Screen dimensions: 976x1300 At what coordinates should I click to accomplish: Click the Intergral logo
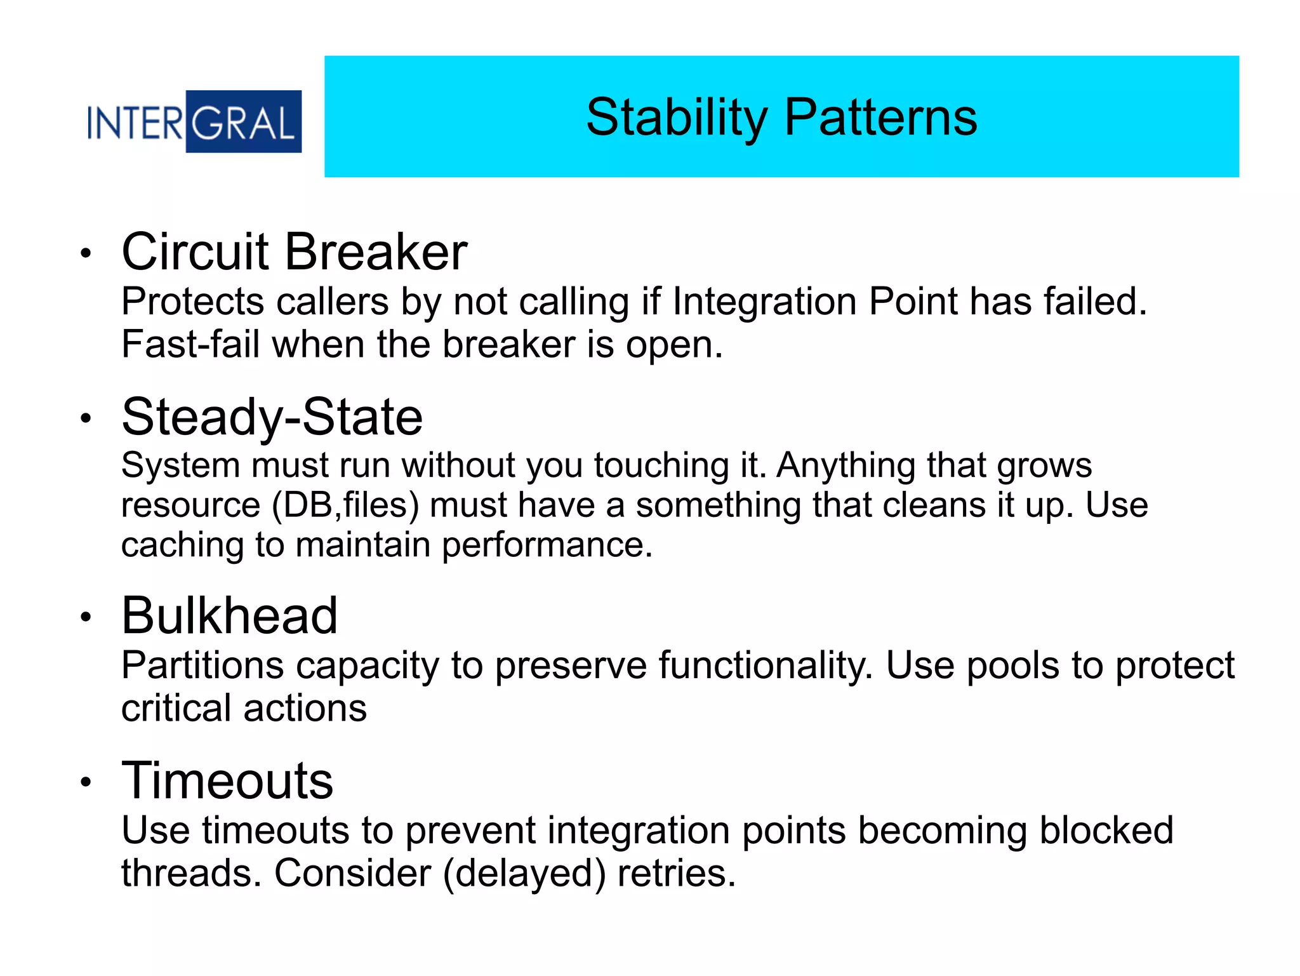(x=194, y=122)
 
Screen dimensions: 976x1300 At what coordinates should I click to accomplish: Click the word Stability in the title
(x=677, y=117)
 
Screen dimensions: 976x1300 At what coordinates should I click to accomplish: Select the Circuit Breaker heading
(x=295, y=252)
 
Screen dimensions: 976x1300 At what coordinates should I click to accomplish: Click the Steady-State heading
(x=272, y=417)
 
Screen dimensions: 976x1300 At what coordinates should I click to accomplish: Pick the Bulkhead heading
(x=230, y=616)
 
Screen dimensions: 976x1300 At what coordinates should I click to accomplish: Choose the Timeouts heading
(x=227, y=781)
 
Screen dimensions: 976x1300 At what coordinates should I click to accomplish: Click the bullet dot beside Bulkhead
(x=86, y=617)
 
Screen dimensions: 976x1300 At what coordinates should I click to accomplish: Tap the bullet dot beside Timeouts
(x=86, y=782)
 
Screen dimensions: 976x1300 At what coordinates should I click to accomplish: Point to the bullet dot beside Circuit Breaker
(x=86, y=253)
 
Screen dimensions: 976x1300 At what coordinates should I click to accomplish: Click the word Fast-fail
(x=190, y=345)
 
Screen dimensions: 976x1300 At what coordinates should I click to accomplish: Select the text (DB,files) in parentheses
(x=346, y=506)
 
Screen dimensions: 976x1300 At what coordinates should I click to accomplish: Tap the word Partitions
(x=202, y=666)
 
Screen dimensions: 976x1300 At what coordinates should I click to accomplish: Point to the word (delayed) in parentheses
(x=524, y=874)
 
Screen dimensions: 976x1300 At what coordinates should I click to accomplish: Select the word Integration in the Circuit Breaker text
(x=764, y=302)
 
